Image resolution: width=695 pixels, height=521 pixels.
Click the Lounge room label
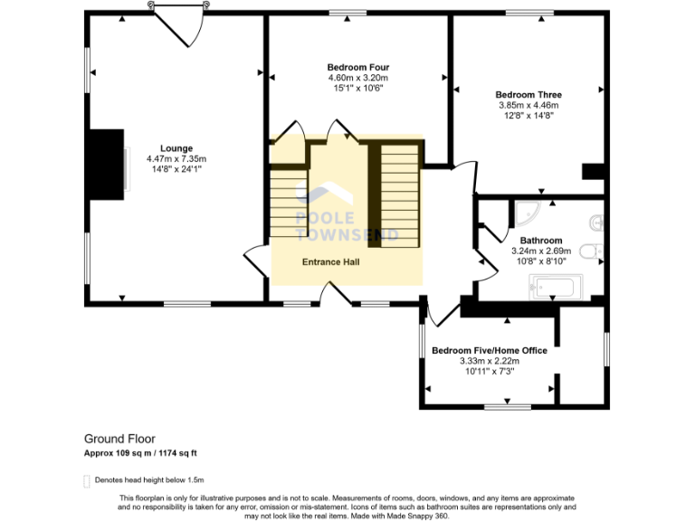point(176,148)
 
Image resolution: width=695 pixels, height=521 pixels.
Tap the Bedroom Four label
point(358,67)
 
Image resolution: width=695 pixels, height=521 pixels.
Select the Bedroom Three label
point(528,95)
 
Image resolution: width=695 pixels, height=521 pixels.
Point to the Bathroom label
point(541,241)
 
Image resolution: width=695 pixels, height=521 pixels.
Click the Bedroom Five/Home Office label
point(490,350)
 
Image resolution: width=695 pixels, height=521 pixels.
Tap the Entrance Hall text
point(330,262)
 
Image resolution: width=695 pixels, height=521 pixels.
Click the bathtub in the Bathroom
point(556,287)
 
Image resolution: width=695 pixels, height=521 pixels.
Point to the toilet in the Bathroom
point(591,251)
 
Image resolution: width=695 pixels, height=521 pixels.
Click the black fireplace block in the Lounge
point(107,165)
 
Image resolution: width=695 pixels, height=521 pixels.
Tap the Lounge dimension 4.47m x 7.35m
point(176,158)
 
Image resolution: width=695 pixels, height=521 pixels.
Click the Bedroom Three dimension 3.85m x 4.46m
point(528,106)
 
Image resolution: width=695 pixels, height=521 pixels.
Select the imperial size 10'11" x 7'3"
point(490,371)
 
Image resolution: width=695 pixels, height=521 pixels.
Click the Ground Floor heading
point(119,439)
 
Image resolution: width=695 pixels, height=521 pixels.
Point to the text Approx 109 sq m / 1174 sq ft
point(140,453)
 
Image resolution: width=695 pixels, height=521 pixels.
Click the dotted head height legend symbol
point(87,481)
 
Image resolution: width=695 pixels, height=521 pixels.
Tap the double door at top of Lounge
point(179,24)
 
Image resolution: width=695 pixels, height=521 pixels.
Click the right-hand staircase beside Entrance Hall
point(400,195)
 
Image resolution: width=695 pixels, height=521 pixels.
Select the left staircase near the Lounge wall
point(289,203)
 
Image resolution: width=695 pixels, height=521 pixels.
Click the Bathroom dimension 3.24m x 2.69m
point(541,251)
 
